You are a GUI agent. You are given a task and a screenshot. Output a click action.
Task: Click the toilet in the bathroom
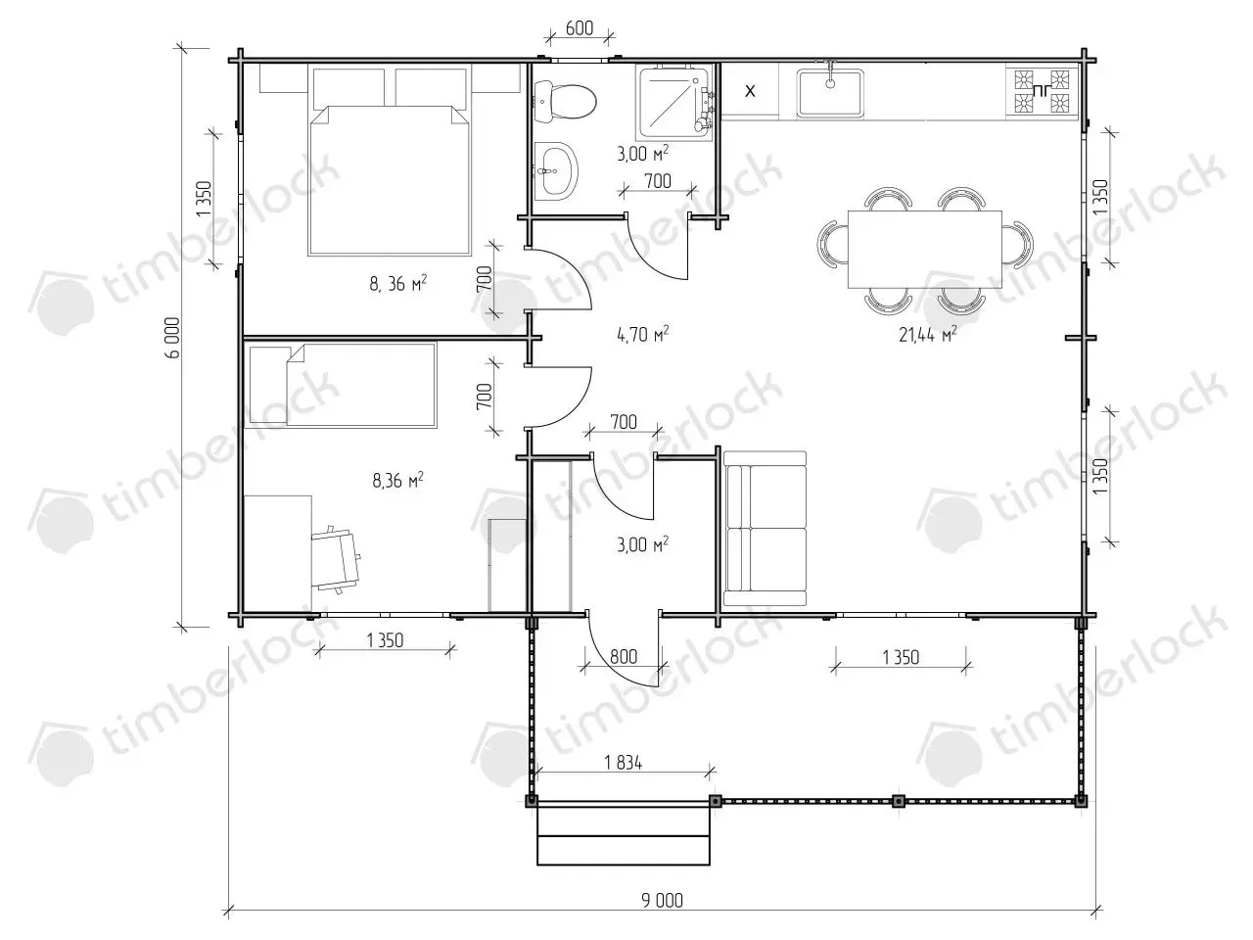tap(565, 102)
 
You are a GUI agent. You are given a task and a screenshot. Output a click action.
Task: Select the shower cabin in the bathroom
tap(674, 103)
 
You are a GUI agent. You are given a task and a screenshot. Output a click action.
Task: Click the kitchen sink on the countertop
tap(830, 92)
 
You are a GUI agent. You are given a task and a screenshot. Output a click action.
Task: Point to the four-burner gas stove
tap(1042, 91)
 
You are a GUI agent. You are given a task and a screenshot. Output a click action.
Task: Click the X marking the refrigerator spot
tap(750, 91)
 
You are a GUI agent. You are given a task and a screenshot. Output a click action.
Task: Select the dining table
tap(925, 250)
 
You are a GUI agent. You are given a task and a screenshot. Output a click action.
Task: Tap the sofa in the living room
tap(765, 528)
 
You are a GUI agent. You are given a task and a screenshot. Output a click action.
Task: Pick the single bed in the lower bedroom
tap(343, 385)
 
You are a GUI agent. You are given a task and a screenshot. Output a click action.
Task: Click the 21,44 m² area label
tap(928, 334)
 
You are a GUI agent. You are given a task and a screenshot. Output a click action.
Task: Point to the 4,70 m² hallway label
tap(643, 334)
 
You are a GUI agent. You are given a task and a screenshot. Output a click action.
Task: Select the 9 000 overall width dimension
tap(662, 900)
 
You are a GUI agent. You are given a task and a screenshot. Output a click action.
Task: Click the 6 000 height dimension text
tap(173, 338)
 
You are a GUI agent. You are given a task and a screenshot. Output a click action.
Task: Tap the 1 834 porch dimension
tap(623, 762)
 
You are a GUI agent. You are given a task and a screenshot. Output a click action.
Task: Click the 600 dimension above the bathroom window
tap(580, 27)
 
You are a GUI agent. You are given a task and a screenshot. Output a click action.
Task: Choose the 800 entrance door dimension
tap(624, 656)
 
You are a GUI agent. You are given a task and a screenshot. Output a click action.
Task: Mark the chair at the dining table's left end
tap(832, 243)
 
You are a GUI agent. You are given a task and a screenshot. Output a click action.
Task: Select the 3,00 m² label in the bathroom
tap(643, 153)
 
